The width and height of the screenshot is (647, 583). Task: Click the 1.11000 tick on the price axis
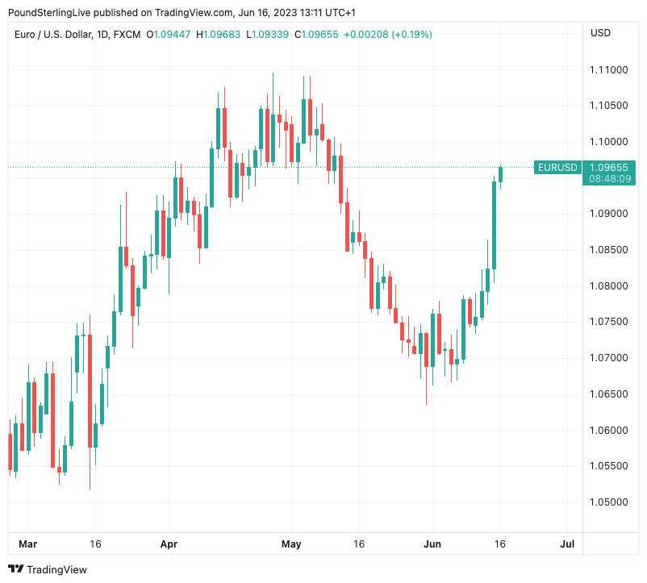[609, 70]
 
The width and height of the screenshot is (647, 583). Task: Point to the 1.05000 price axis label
[609, 502]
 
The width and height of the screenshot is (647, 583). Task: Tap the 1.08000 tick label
[609, 286]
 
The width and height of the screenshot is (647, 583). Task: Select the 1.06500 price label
[609, 394]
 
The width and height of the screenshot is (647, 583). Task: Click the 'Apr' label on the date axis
[169, 544]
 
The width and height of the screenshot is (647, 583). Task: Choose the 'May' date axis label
[291, 544]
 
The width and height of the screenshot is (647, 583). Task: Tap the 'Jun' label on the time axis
[432, 544]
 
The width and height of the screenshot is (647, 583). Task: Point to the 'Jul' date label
[567, 544]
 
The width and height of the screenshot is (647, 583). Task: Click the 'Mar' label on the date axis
[28, 544]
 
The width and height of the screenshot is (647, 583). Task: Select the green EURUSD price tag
[557, 168]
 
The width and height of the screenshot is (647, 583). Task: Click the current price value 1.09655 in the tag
[609, 168]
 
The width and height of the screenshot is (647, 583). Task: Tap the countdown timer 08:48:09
[609, 179]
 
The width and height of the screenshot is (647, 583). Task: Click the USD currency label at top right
[601, 33]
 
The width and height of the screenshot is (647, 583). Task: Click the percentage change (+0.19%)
[411, 35]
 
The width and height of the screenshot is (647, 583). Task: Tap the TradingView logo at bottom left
[48, 569]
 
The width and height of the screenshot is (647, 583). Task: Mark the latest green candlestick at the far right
[501, 174]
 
